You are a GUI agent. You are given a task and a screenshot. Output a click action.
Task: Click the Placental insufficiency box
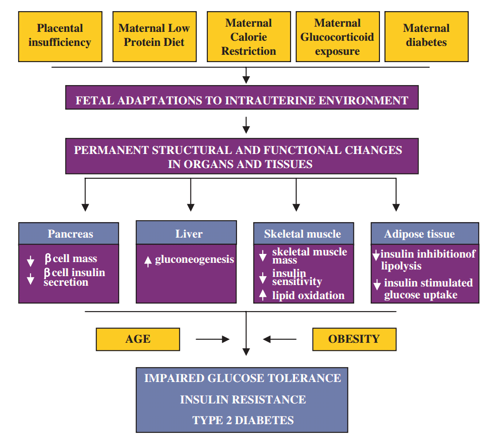click(60, 36)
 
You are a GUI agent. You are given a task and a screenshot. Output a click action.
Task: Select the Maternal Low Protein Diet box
click(154, 36)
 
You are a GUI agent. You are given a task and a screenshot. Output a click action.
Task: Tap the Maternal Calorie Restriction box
click(248, 36)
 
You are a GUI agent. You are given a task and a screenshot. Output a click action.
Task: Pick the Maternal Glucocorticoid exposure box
click(337, 36)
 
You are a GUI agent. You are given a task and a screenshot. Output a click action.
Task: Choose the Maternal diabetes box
click(426, 36)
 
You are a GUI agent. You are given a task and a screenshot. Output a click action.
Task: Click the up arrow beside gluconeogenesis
click(148, 261)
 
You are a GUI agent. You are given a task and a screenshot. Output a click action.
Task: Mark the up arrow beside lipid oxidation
click(263, 295)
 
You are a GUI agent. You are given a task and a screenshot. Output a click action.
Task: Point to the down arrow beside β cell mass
click(30, 261)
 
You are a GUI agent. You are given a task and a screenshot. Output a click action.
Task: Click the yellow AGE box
click(138, 339)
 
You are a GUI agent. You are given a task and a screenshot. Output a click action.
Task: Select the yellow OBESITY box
click(354, 339)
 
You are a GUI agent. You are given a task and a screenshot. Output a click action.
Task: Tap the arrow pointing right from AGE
click(213, 339)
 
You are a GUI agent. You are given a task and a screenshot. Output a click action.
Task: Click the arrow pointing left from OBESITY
click(279, 339)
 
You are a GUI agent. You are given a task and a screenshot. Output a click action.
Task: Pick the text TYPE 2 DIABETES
click(243, 420)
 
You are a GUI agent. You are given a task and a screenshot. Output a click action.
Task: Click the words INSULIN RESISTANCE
click(243, 399)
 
